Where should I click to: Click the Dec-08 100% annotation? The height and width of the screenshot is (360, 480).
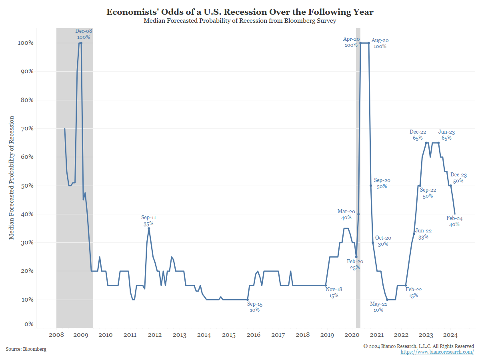[x=83, y=34]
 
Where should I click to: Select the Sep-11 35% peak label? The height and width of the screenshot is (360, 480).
[x=148, y=221]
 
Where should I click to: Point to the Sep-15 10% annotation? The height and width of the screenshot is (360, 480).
[x=255, y=307]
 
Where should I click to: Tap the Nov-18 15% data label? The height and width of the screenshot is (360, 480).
[x=334, y=292]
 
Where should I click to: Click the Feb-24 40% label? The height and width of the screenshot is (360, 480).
[x=454, y=221]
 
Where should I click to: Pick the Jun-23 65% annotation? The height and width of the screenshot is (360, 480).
[x=446, y=135]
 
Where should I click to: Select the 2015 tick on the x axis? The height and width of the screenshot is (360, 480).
[x=229, y=335]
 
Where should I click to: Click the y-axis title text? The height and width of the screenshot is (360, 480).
[x=12, y=178]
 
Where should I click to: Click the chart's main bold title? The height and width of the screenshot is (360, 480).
[x=240, y=12]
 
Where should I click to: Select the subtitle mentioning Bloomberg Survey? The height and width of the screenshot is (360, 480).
[x=240, y=21]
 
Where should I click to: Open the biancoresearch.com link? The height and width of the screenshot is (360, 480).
[x=437, y=352]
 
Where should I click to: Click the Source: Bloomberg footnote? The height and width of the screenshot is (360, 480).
[x=26, y=349]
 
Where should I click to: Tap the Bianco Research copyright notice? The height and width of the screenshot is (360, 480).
[x=418, y=346]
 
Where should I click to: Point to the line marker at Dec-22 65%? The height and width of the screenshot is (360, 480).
[x=426, y=143]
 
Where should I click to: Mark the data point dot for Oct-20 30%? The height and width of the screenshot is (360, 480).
[x=373, y=243]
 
